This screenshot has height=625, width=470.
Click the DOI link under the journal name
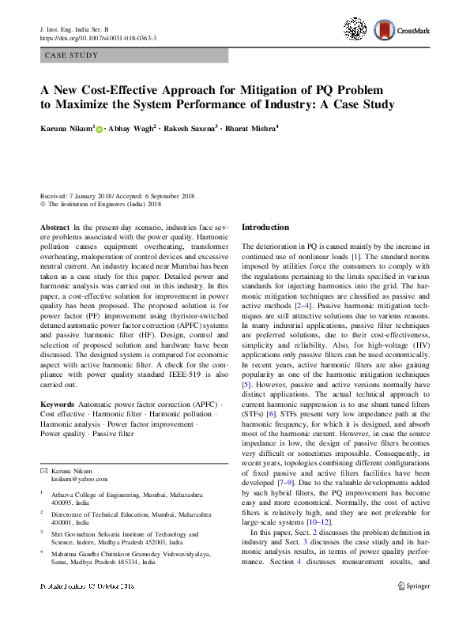click(x=97, y=38)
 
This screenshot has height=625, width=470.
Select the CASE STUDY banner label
click(x=72, y=56)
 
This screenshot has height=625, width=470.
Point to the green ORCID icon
click(x=100, y=128)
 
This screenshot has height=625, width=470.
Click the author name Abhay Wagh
click(x=130, y=127)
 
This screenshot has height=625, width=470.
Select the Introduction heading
click(x=265, y=228)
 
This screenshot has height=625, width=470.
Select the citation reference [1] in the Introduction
click(x=355, y=258)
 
